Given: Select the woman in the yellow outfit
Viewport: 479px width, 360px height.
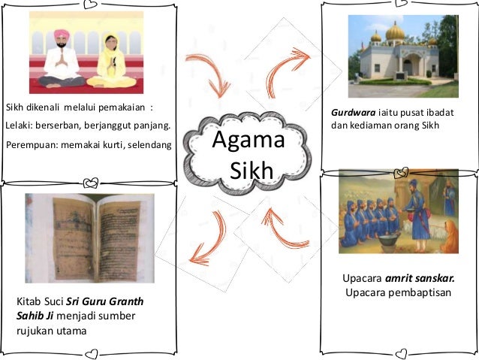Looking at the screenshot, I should [112, 60].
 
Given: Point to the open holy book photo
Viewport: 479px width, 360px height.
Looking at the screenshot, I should [87, 238].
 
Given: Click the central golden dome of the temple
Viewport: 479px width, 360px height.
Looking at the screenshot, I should [395, 32].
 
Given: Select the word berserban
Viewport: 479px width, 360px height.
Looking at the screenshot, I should [66, 125].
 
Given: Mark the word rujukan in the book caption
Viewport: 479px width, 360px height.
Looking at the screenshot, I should [37, 330].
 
